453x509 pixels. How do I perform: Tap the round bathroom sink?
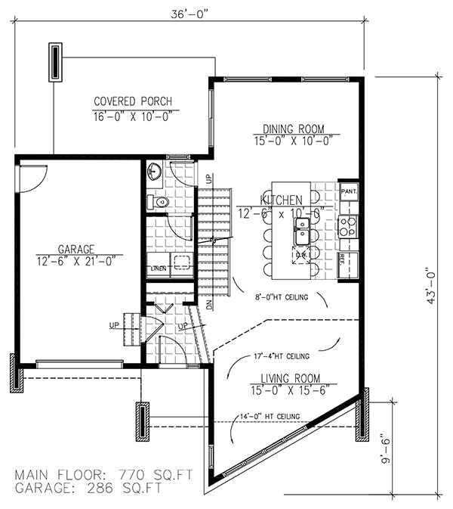[x=154, y=170]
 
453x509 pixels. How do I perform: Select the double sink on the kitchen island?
[x=301, y=234]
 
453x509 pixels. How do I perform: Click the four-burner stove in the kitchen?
[x=348, y=223]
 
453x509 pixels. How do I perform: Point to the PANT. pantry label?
[x=348, y=191]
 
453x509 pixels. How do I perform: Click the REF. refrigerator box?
[x=343, y=259]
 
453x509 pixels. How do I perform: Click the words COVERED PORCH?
[x=133, y=102]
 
